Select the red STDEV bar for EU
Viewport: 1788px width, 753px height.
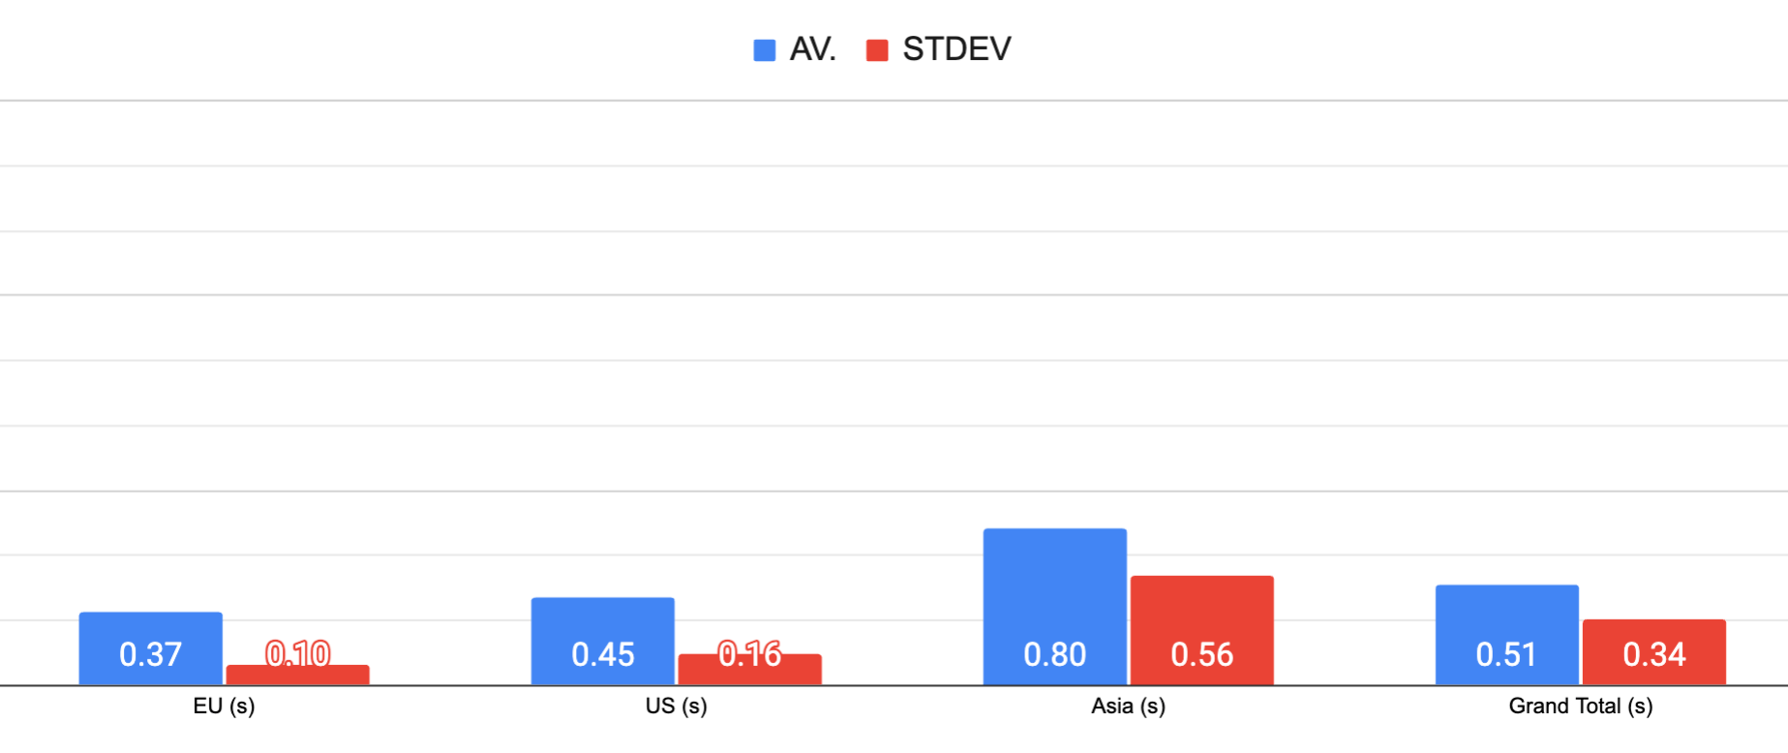297,676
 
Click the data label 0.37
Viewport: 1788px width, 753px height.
150,655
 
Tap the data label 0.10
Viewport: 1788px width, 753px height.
297,654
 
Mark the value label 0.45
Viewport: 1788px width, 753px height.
602,655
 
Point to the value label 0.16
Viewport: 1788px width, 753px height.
749,654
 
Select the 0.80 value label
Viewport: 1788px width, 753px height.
1054,655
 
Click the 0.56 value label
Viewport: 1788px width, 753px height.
1201,655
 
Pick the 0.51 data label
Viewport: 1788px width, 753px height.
1506,655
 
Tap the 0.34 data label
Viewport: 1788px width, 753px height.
1653,655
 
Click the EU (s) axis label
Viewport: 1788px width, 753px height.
224,707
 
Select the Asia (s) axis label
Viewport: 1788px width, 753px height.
1128,707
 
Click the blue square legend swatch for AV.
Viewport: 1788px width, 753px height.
764,50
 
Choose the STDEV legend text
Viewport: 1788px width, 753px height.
956,49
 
